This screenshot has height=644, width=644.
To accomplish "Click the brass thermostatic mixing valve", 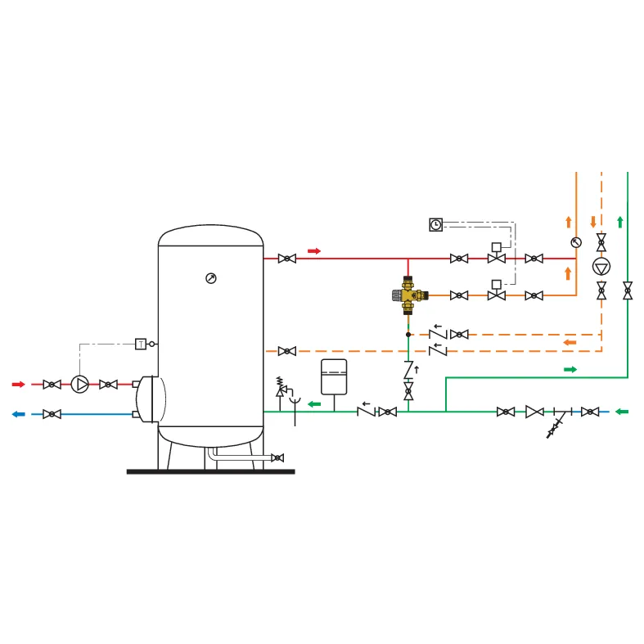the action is [408, 295].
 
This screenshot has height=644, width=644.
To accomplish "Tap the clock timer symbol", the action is [436, 225].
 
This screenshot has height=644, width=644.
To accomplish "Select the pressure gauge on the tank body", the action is [211, 278].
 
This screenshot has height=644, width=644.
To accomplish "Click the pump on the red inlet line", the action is [79, 385].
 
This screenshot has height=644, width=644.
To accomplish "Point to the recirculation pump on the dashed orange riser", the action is [601, 267].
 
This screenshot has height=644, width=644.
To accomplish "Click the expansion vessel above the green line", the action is [334, 377].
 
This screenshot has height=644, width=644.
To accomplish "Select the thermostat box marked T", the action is [141, 344].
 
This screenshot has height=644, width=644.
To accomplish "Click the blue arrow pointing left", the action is [19, 414].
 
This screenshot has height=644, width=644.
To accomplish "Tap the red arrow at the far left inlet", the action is [19, 385].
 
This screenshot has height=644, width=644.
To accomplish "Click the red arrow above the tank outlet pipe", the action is [314, 251].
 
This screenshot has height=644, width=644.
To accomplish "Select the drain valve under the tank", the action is [277, 457].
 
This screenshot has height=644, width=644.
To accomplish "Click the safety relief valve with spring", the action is [280, 388].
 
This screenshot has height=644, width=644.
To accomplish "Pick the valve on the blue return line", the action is [52, 414].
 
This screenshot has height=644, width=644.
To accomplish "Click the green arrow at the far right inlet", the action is [622, 412].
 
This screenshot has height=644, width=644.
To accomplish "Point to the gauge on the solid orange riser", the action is [576, 243].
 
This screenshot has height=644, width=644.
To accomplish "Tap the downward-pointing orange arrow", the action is [593, 222].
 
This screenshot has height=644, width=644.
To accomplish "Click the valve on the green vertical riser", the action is [628, 290].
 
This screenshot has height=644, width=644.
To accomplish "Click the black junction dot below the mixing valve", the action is [408, 335].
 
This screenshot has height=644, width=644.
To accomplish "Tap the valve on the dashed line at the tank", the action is [287, 351].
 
